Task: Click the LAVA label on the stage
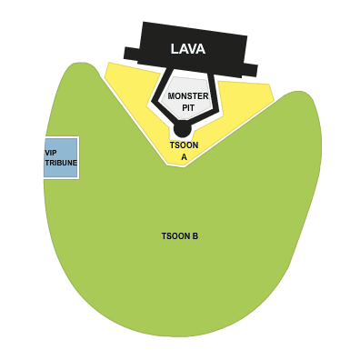click(x=188, y=48)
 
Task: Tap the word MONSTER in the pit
click(x=187, y=95)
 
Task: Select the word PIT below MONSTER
click(x=187, y=107)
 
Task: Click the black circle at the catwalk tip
click(x=183, y=129)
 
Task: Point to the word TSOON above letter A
click(x=184, y=145)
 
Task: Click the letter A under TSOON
click(x=184, y=157)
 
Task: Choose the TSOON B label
click(x=180, y=236)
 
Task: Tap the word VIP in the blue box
click(x=51, y=153)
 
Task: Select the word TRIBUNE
click(x=61, y=163)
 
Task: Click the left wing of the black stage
click(x=131, y=53)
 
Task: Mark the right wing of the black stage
click(x=250, y=69)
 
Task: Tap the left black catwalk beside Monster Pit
click(x=161, y=95)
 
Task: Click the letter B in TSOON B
click(x=195, y=236)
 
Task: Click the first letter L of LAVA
click(x=175, y=48)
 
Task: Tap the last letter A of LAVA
click(x=201, y=48)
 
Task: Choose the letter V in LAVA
click(x=192, y=48)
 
